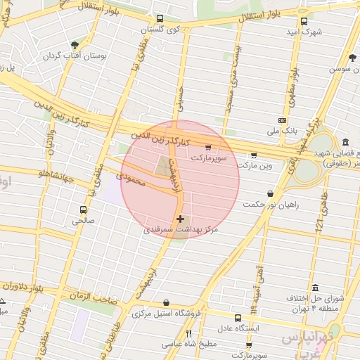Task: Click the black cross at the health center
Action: (x=181, y=219)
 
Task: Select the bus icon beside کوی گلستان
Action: (x=160, y=19)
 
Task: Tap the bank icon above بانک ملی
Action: (x=282, y=120)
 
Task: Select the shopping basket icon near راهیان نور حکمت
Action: (x=270, y=193)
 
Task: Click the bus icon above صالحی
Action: (x=84, y=210)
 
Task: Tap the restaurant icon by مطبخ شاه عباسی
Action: (x=188, y=334)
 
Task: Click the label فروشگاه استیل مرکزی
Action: (x=167, y=313)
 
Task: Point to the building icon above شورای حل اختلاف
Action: (x=314, y=288)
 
